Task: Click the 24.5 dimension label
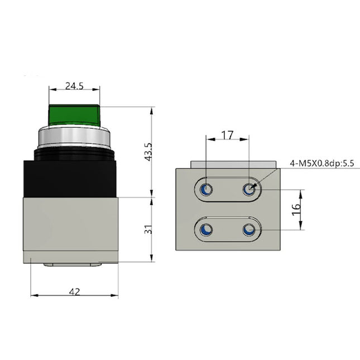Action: pos(74,86)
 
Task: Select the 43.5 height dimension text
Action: pos(148,151)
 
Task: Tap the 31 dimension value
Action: pos(148,229)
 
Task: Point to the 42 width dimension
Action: pos(74,291)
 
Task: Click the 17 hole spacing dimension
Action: pos(227,135)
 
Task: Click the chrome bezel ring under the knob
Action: pos(74,137)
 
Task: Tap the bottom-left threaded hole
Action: pos(206,229)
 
